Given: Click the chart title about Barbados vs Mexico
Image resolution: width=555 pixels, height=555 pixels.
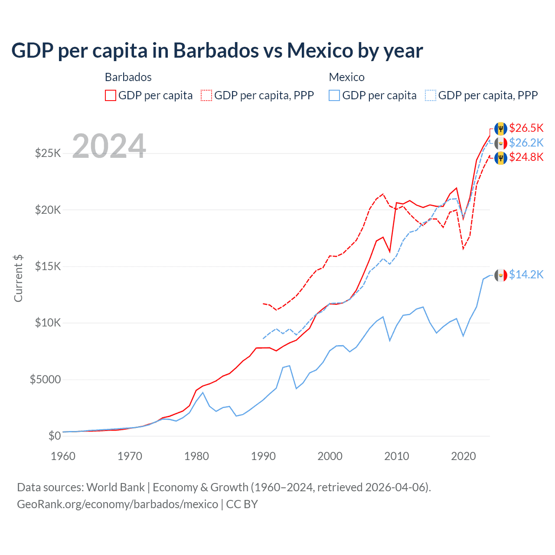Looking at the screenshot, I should click(217, 51).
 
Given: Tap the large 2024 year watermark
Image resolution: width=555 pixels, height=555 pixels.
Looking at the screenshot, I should click(109, 146).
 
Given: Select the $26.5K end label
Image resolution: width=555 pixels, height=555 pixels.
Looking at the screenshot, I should click(526, 128).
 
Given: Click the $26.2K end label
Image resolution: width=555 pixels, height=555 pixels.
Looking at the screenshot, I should click(526, 143).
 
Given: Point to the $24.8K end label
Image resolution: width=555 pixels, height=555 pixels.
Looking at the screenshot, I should click(526, 157).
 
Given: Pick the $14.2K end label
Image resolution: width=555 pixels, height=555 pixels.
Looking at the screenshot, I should click(526, 274).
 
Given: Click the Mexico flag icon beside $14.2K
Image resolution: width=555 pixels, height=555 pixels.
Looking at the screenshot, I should click(501, 275).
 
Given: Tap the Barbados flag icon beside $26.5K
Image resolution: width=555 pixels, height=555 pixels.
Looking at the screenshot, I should click(501, 128).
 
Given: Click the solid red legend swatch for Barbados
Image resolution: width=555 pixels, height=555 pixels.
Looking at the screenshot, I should click(111, 95).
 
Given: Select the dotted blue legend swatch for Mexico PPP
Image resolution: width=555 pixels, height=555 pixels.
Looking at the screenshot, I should click(431, 95).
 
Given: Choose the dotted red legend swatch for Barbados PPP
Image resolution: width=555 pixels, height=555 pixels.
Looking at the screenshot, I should click(207, 95).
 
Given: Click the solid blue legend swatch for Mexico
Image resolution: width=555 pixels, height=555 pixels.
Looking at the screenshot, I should click(334, 95).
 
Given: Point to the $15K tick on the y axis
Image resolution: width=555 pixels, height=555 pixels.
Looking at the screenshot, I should click(48, 266).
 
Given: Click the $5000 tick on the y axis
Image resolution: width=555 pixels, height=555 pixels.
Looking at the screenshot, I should click(45, 380).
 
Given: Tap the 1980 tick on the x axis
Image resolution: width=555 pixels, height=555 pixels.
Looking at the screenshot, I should click(196, 456).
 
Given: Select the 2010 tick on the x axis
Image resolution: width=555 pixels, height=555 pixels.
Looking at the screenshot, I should click(397, 456).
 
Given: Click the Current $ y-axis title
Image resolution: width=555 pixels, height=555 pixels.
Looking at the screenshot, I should click(18, 278).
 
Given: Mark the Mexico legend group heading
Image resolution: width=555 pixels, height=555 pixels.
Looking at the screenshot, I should click(346, 77).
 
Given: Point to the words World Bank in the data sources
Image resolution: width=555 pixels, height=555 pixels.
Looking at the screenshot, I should click(115, 487).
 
